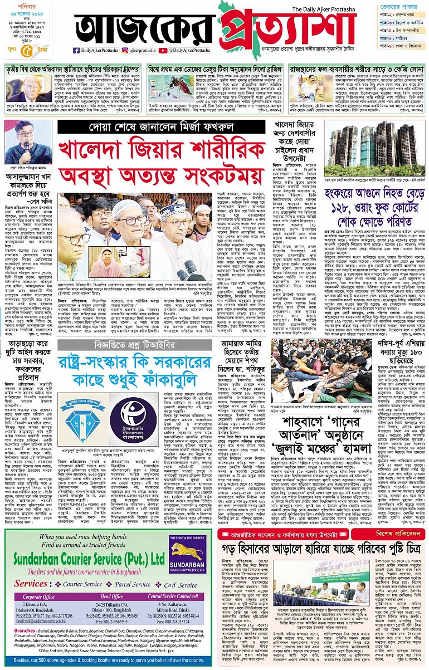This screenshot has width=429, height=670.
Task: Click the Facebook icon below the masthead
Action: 76,51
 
